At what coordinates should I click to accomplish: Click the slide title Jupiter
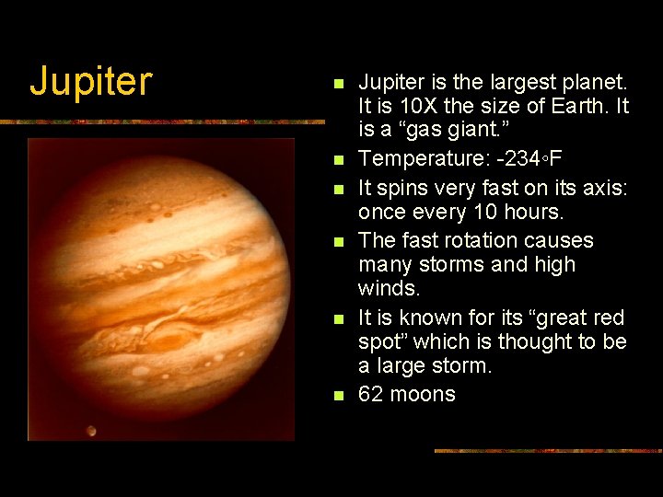(90, 81)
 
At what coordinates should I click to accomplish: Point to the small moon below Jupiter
(92, 430)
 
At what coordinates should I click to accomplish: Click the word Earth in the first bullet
(570, 107)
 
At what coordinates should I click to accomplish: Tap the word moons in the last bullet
(423, 395)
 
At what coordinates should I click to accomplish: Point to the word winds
(389, 289)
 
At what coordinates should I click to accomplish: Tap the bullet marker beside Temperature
(338, 160)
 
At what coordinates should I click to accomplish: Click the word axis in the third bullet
(604, 188)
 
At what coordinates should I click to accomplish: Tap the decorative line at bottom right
(548, 451)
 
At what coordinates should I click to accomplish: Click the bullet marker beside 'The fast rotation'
(338, 242)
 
